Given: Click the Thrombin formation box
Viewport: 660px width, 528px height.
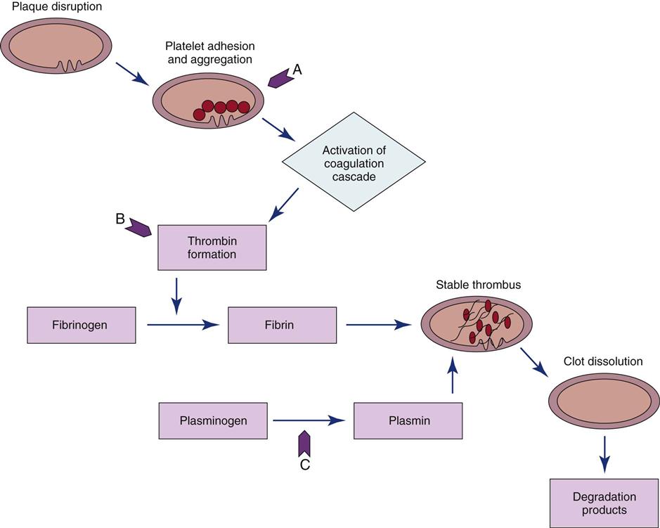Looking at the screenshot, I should coord(212,247).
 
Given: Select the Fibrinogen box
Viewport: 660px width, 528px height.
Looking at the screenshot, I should coord(81,325).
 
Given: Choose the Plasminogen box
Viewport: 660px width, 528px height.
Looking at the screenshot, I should coord(213,420).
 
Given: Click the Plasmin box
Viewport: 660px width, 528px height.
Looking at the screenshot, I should coord(408,420).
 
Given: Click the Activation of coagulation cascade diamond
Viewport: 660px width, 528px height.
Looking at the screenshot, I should coord(354,162).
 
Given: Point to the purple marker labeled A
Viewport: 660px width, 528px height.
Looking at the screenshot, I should coord(281,77).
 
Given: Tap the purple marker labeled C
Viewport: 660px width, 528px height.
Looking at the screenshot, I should coord(304,444).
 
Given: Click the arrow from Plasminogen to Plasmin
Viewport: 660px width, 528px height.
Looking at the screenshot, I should coord(309,420).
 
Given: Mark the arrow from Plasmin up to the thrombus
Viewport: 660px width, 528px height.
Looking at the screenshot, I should coord(452,375).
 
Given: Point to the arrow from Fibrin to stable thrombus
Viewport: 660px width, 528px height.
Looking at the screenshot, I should coord(378,325).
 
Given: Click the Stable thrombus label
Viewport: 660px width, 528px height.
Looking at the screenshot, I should coord(478,285).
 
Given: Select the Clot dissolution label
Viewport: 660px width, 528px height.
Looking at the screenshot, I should coord(603,362).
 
